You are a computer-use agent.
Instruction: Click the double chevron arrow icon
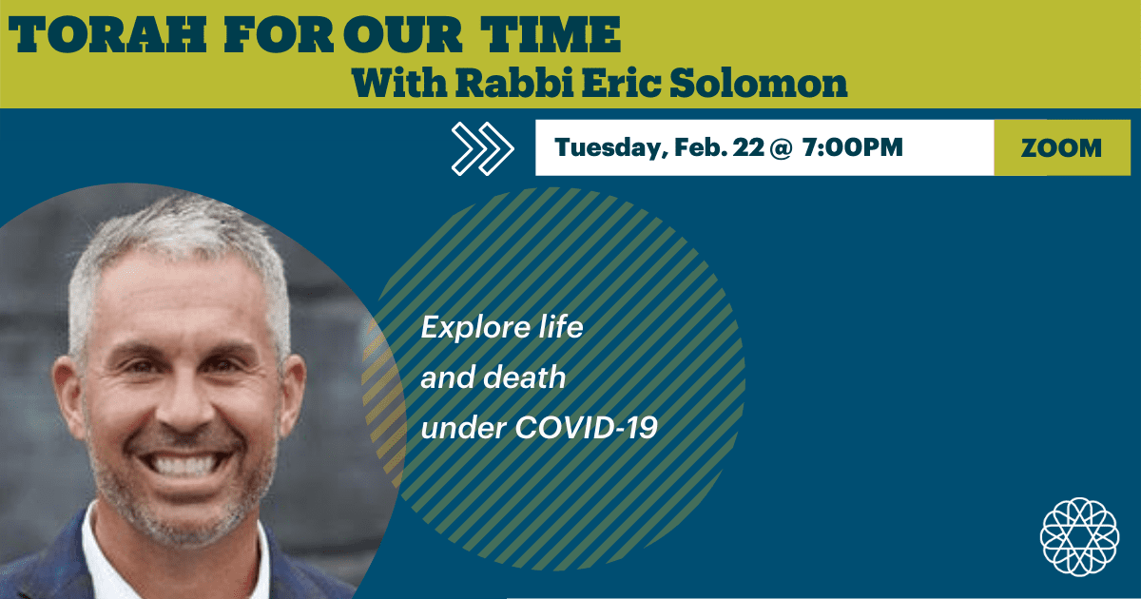pyautogui.click(x=482, y=148)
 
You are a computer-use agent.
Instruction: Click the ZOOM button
pyautogui.click(x=1061, y=148)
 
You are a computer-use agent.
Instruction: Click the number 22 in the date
pyautogui.click(x=746, y=148)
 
